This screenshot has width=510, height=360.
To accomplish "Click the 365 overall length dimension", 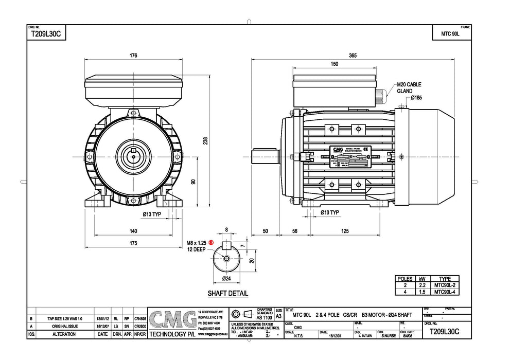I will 353,56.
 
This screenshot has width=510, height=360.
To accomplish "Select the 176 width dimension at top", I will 133,56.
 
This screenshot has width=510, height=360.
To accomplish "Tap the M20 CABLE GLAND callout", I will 409,88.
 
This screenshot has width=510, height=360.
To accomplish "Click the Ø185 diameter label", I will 416,98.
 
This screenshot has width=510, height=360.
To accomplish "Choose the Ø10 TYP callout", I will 329,212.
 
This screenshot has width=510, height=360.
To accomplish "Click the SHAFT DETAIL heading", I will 227,294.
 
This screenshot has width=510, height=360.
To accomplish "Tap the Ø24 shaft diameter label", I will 226,278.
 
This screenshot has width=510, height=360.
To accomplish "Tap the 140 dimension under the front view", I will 133,231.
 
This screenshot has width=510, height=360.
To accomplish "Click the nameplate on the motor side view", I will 349,157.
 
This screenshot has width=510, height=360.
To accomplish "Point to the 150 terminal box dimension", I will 335,64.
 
